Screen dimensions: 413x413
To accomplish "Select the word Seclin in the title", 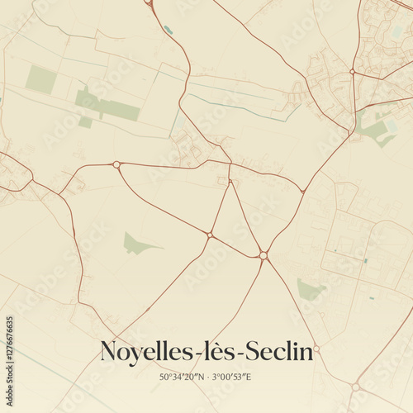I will click(279, 352).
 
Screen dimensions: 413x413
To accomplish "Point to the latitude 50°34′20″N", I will click(183, 377).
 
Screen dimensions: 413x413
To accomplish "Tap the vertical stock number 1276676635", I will click(10, 344).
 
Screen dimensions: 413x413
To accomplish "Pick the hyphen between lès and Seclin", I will click(240, 354).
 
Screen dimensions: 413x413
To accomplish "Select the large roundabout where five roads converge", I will click(263, 255).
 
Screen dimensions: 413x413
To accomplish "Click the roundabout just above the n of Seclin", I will click(316, 349).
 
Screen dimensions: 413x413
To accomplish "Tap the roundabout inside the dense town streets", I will click(352, 72).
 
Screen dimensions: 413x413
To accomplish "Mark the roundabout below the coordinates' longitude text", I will click(355, 387).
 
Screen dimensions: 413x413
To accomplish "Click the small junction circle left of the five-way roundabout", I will click(210, 235).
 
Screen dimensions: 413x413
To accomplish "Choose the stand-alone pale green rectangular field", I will click(40, 79).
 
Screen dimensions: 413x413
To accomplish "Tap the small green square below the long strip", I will click(85, 122).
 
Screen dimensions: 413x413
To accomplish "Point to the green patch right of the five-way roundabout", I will click(310, 290).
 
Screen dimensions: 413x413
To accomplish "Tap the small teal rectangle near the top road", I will click(169, 30).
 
